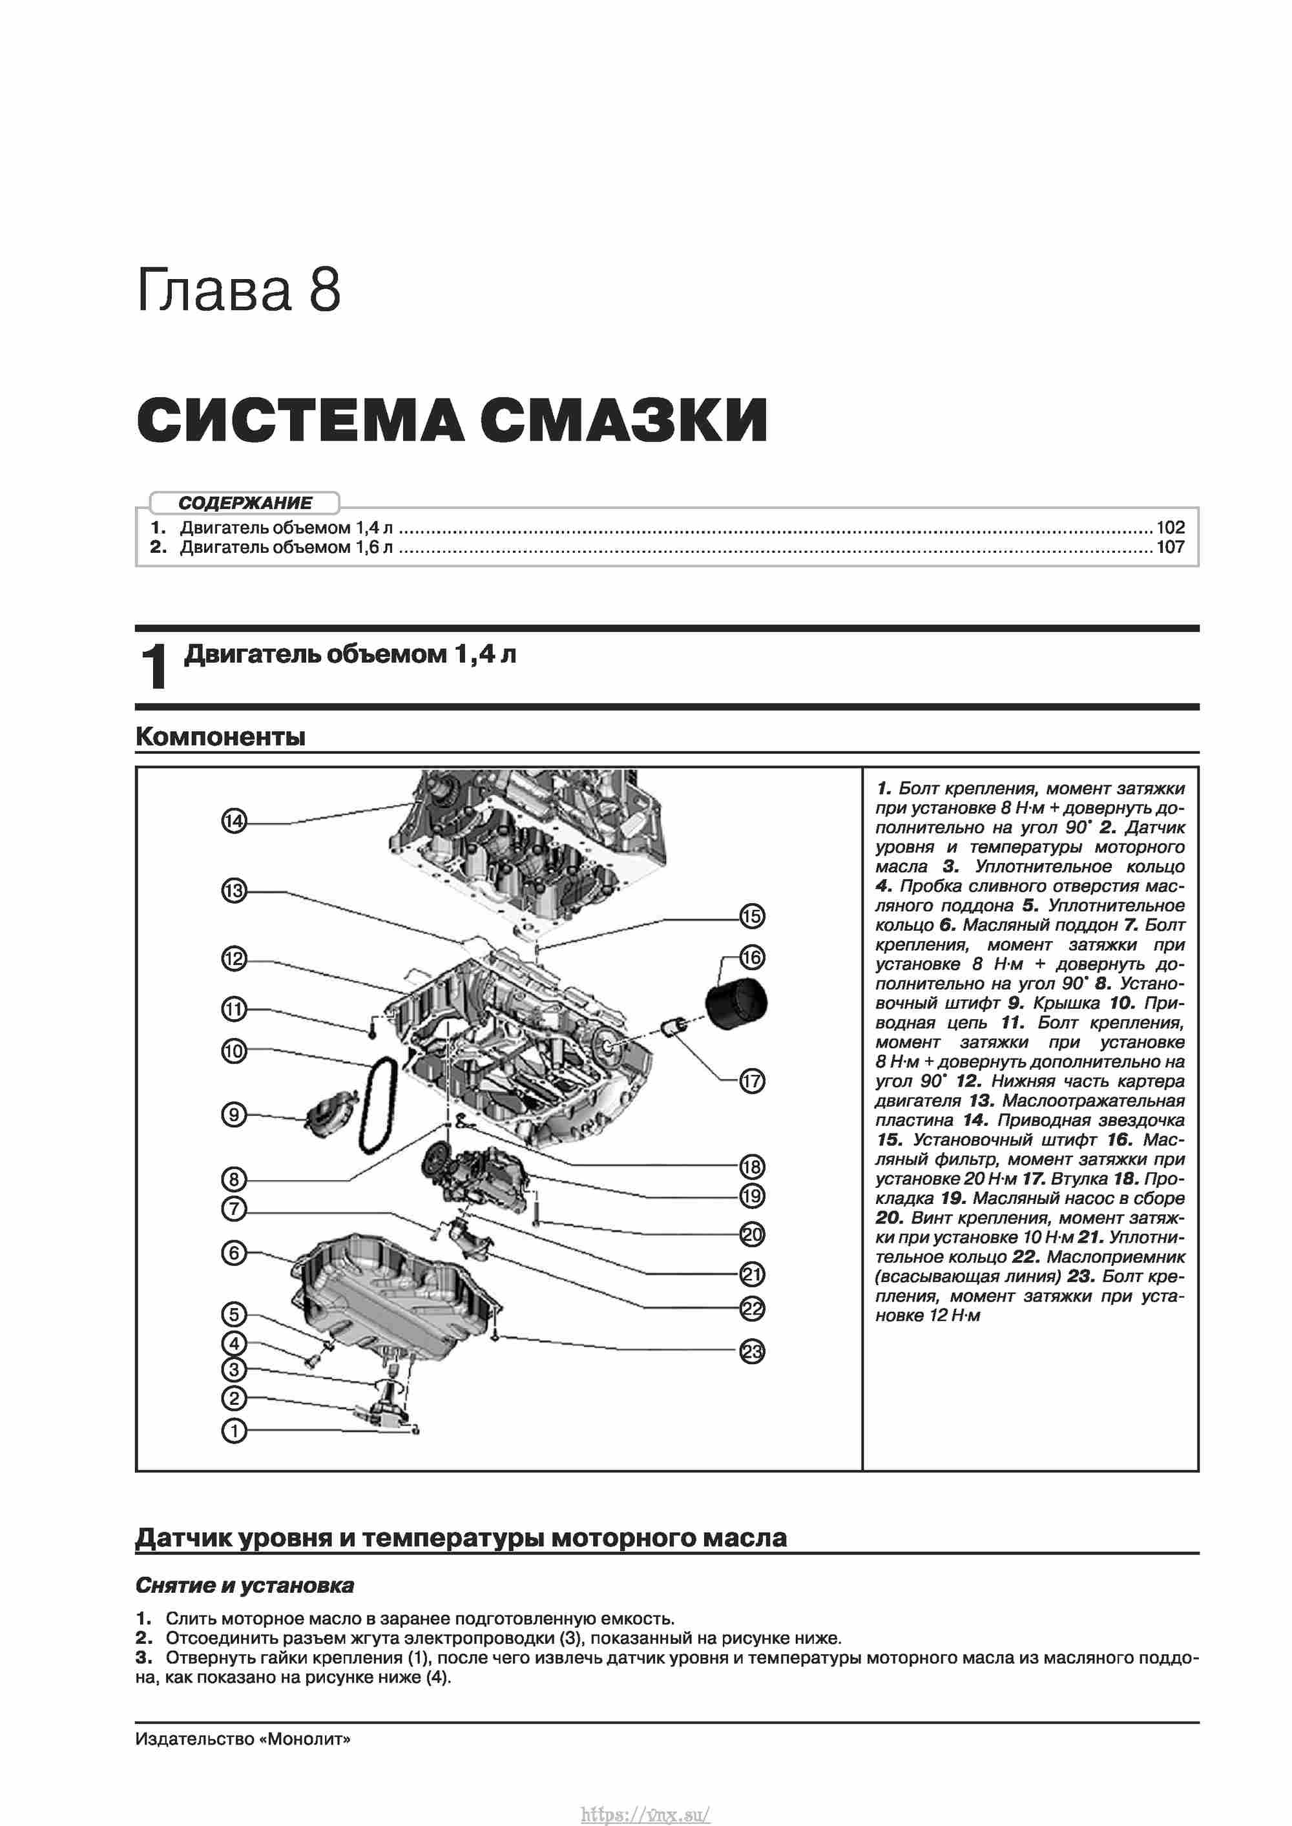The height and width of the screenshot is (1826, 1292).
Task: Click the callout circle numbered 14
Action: point(234,821)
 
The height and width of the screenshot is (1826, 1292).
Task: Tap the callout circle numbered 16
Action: point(752,957)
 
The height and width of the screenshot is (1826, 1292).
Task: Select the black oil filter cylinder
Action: point(736,1004)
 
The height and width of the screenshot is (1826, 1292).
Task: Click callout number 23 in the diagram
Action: point(752,1351)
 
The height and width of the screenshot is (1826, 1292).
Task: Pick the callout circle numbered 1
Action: point(234,1431)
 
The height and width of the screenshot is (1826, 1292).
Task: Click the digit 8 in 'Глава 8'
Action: point(324,289)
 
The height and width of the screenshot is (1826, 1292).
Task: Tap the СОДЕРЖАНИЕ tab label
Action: point(245,503)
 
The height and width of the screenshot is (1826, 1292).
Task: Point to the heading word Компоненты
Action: point(220,736)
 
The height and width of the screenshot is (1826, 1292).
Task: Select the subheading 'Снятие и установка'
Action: point(244,1586)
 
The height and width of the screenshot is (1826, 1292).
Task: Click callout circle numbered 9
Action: point(234,1114)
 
